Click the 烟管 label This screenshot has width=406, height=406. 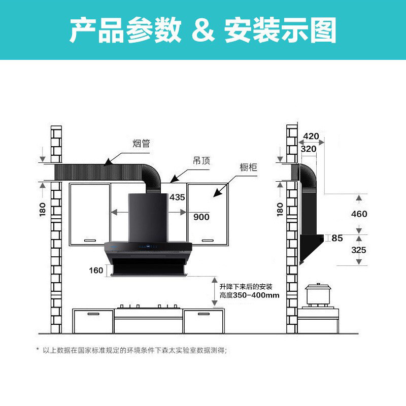tap(142, 144)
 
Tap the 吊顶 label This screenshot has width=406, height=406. tap(201, 161)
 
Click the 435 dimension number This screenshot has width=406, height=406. tap(177, 197)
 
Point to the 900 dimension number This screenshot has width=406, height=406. tap(201, 217)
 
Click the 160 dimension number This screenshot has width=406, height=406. tap(96, 270)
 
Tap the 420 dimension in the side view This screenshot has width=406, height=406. tap(311, 136)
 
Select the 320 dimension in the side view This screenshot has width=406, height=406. tap(308, 149)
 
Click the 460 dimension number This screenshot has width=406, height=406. tap(359, 214)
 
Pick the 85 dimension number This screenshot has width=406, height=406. tap(337, 238)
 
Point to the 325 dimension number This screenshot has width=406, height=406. tap(359, 250)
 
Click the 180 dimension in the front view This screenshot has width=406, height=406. tap(42, 209)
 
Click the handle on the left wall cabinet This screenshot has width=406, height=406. tap(90, 239)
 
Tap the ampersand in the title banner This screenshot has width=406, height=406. tap(202, 30)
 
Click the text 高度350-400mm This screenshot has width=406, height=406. tap(249, 295)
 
